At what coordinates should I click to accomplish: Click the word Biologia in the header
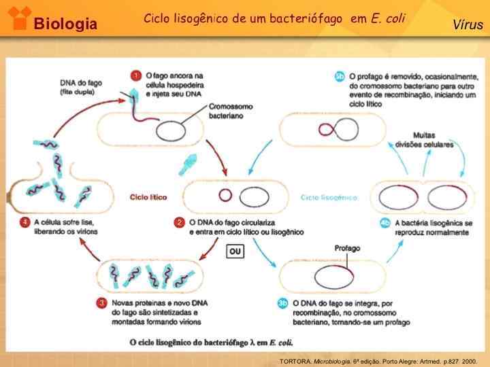[x=66, y=25]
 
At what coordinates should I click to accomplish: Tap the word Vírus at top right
[x=468, y=25]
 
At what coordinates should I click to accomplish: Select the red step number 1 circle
[x=136, y=76]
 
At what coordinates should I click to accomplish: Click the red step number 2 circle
[x=180, y=222]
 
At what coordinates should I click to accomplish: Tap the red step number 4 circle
[x=24, y=222]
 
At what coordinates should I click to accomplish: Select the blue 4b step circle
[x=385, y=222]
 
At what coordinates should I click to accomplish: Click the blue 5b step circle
[x=340, y=76]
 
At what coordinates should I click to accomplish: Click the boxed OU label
[x=235, y=251]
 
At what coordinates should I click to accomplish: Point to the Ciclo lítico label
[x=148, y=197]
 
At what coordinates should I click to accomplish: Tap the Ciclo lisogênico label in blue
[x=328, y=197]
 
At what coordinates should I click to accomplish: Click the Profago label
[x=348, y=248]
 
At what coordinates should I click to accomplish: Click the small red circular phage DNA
[x=225, y=196]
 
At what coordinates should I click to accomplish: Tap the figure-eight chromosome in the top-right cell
[x=334, y=129]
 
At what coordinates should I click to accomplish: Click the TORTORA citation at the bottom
[x=378, y=361]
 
